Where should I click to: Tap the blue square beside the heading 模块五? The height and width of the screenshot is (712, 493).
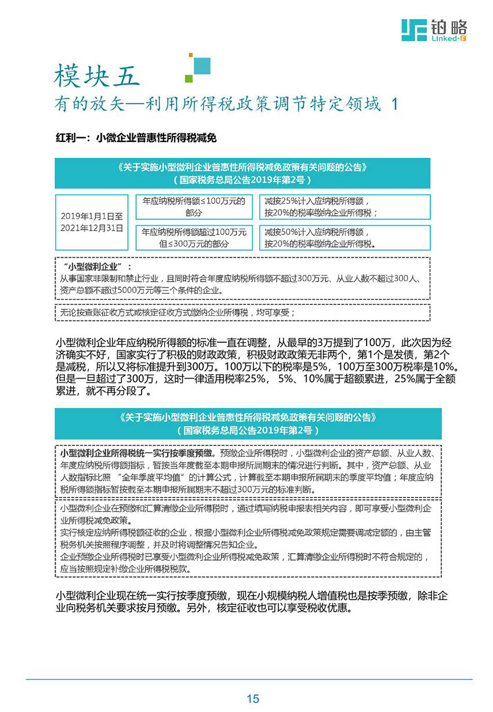point(201,66)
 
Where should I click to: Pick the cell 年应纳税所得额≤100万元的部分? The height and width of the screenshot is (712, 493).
point(193,207)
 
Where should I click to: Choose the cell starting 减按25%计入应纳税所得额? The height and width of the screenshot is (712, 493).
point(345,207)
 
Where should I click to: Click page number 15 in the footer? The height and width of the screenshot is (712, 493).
point(252,699)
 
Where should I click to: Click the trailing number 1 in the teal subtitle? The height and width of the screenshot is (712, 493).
point(396,104)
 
